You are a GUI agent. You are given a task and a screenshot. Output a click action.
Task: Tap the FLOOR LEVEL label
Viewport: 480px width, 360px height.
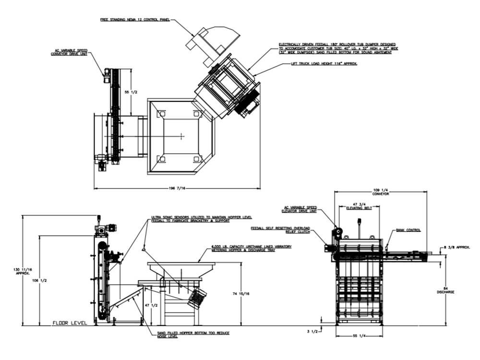coord(70,323)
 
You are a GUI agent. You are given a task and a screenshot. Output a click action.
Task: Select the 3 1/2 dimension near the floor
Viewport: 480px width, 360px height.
coord(312,331)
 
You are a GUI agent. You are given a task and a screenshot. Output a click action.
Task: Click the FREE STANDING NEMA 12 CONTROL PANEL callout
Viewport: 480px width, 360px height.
coord(135,20)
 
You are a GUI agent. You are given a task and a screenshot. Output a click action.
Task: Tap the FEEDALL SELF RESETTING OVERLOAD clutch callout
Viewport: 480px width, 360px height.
coord(281,229)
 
